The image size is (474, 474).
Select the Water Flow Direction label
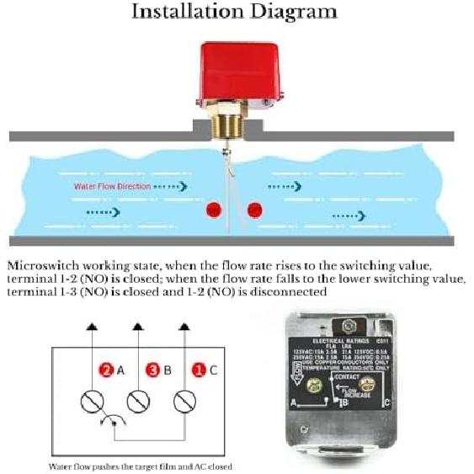(112, 185)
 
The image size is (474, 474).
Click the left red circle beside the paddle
(214, 209)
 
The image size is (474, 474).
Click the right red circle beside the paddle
(253, 209)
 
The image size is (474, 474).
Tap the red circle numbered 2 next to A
(107, 369)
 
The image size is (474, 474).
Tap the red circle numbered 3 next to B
(152, 369)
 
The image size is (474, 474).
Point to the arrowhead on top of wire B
(136, 323)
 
